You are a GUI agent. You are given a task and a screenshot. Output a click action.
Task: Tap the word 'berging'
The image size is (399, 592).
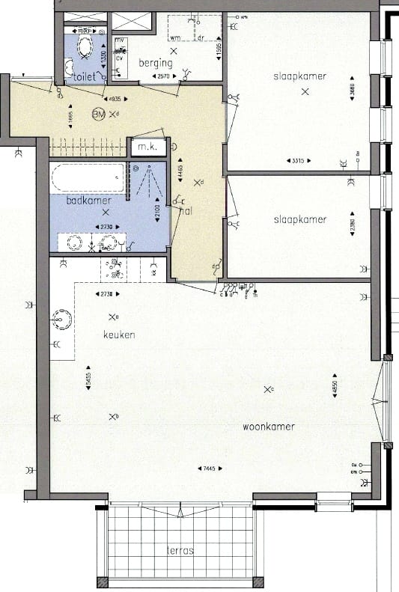pyautogui.click(x=156, y=64)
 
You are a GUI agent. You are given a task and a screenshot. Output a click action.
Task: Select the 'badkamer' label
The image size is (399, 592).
pyautogui.click(x=88, y=201)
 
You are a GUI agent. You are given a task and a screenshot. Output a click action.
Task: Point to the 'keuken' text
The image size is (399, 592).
pyautogui.click(x=119, y=335)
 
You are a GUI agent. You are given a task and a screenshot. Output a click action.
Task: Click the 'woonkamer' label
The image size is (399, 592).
pyautogui.click(x=269, y=427)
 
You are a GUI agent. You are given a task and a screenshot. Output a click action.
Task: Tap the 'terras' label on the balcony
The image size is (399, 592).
pyautogui.click(x=180, y=550)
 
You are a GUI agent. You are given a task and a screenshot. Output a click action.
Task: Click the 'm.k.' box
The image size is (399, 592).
pyautogui.click(x=147, y=147)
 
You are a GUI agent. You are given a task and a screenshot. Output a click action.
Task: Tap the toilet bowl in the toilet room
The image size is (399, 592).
pyautogui.click(x=82, y=49)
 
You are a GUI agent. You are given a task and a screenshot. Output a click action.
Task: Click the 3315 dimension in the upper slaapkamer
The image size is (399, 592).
pyautogui.click(x=297, y=161)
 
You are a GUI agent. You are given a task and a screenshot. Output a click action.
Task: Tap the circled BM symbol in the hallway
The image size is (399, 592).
pyautogui.click(x=98, y=115)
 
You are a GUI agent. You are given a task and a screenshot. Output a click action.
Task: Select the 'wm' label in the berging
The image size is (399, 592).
pyautogui.click(x=175, y=37)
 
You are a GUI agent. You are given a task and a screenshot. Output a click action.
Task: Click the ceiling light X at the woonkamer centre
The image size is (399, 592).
pyautogui.click(x=268, y=388)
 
